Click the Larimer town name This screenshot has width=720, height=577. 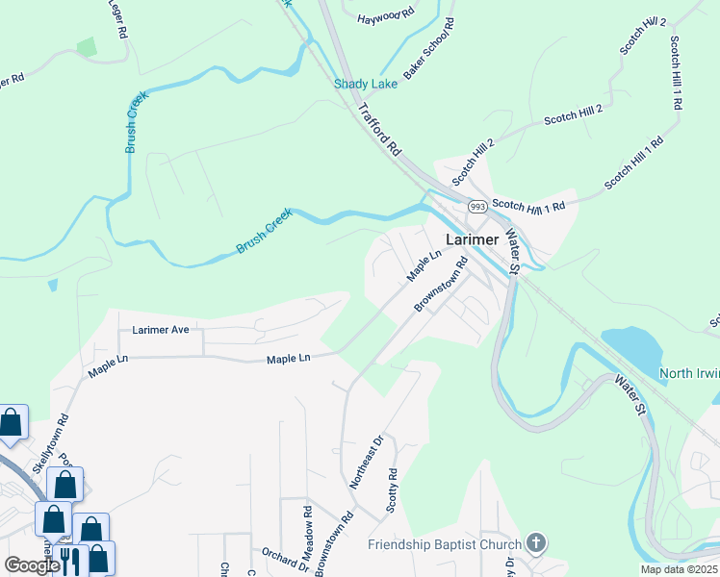coord(472,239)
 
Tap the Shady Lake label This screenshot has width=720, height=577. coord(366,84)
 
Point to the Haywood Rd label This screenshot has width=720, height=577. coord(385,17)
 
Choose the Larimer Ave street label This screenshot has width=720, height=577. coord(161,330)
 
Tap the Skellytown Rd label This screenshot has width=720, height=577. coord(64,433)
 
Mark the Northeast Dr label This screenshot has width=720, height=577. coord(367,462)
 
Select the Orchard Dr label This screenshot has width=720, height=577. coord(284,560)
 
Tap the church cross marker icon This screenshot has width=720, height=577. coord(536,543)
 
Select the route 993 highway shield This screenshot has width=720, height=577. coord(476,207)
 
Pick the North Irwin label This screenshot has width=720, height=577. coord(689,373)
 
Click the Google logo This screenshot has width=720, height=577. coord(33,565)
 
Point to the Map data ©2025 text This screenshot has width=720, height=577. coord(679,569)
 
